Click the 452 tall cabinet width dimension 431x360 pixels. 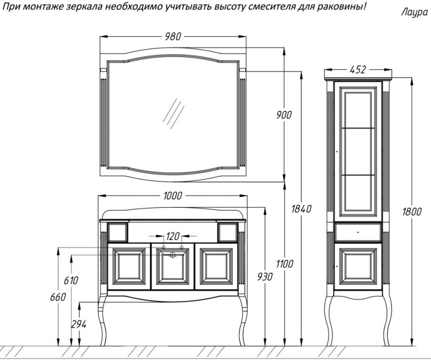(x=357, y=70)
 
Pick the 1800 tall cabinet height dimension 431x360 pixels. (x=411, y=212)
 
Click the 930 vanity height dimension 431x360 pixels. (x=265, y=276)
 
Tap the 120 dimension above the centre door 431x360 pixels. (x=173, y=236)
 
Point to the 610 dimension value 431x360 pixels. (x=70, y=281)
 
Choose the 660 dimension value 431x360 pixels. (x=57, y=297)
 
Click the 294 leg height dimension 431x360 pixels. (x=79, y=324)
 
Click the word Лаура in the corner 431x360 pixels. (x=414, y=13)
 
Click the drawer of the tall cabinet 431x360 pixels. (x=358, y=232)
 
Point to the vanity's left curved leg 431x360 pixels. (x=102, y=318)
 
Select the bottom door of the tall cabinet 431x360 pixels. (x=358, y=266)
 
